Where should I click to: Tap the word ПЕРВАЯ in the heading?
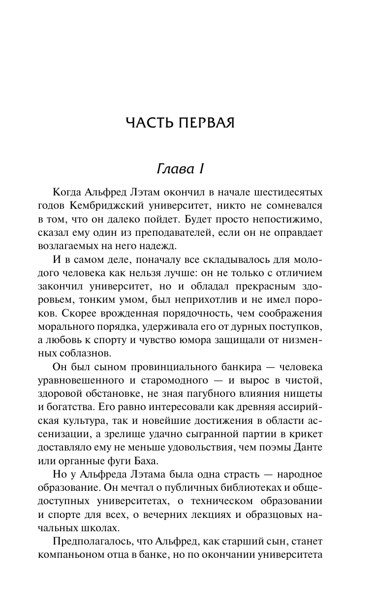(207, 123)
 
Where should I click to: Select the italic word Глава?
(172, 169)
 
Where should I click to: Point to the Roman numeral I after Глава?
(200, 169)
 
